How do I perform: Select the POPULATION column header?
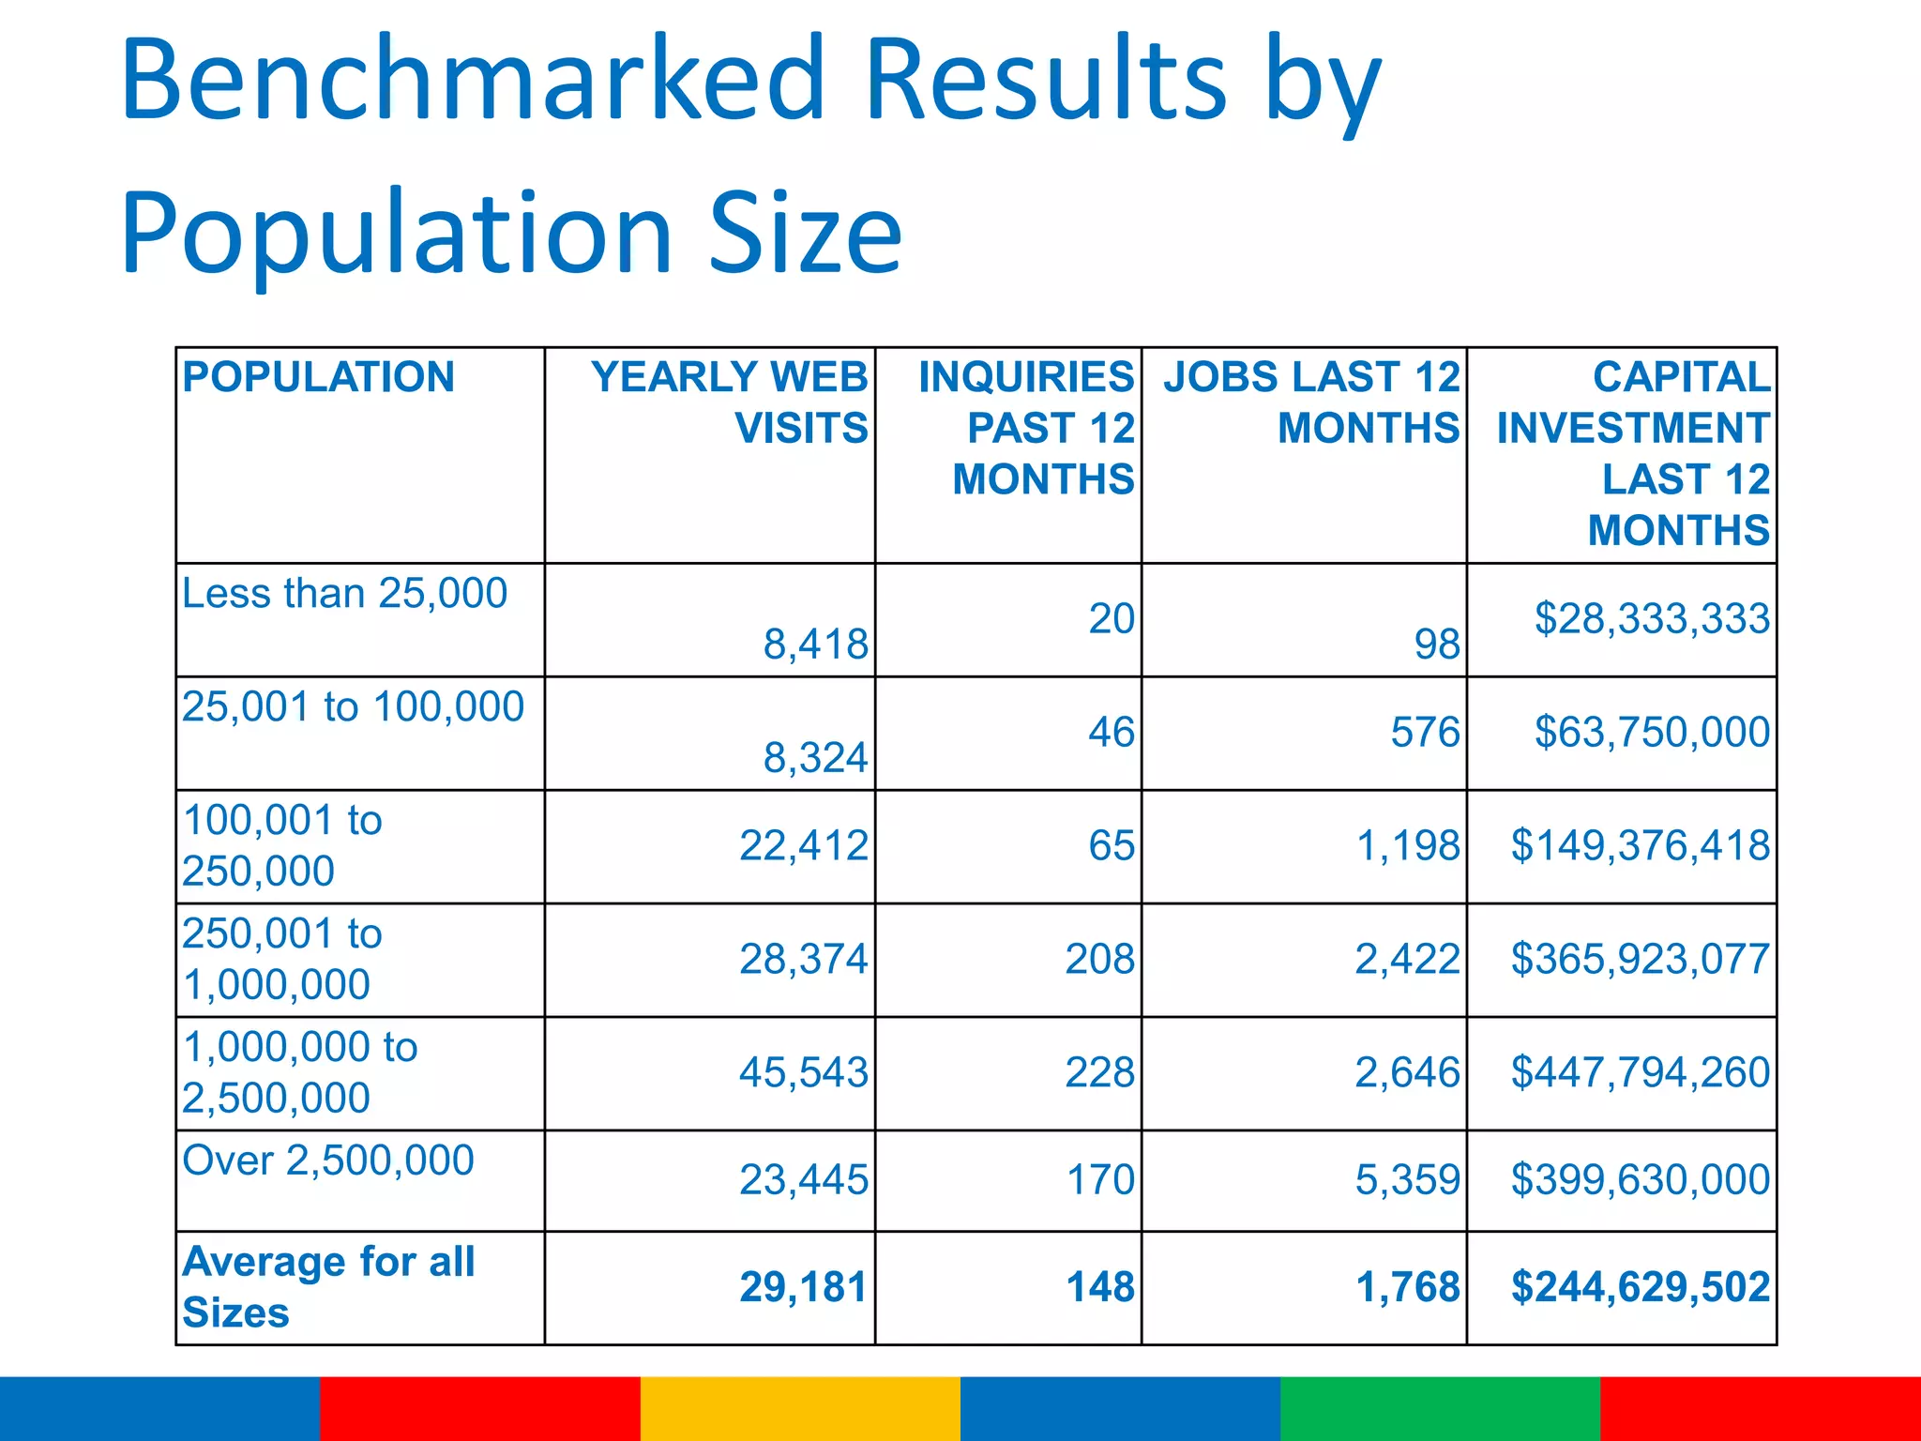point(319,377)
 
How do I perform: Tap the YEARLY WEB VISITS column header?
point(730,402)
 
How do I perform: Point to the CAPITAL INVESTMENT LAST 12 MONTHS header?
point(1632,453)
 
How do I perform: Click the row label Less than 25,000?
point(344,594)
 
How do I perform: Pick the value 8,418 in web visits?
point(815,645)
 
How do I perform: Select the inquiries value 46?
point(1111,732)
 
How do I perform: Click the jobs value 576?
point(1425,732)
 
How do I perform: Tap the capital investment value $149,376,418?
point(1640,845)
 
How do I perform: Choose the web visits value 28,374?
point(803,959)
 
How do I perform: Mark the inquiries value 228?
point(1099,1072)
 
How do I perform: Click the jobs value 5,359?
point(1407,1179)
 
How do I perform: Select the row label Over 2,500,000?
point(328,1160)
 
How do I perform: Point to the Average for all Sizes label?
point(328,1286)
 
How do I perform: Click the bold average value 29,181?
point(803,1287)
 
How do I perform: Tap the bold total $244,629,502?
point(1640,1287)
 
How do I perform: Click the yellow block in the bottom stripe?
point(800,1408)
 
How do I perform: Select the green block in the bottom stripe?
point(1440,1408)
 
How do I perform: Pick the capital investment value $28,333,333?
point(1651,619)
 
